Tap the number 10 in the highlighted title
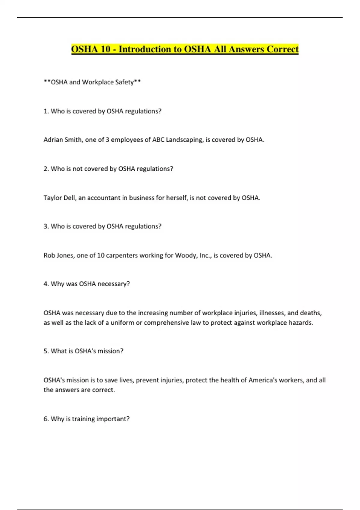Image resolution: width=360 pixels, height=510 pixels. tap(106, 49)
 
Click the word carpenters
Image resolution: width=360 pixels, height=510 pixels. tap(121, 256)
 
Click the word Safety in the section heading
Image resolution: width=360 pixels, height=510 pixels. tap(124, 82)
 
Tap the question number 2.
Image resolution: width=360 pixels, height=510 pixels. tap(46, 169)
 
